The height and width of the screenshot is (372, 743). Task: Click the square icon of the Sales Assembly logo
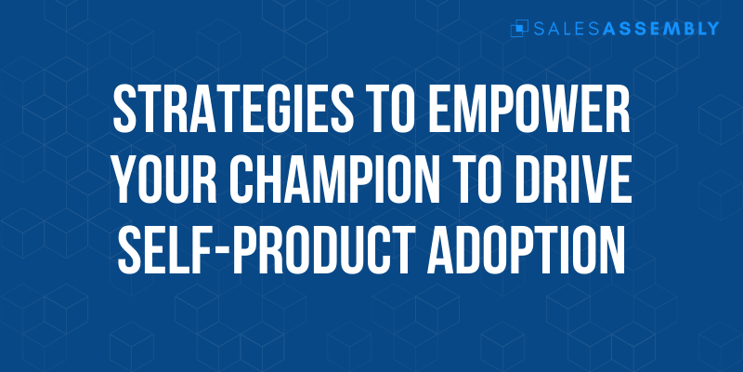519,29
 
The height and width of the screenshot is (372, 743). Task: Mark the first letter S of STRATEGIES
125,109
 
